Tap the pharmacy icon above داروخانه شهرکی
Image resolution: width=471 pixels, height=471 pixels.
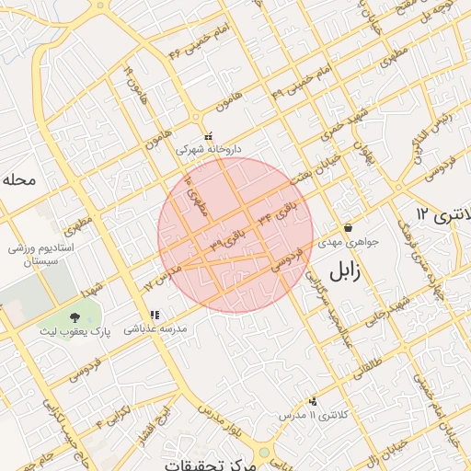click(208, 136)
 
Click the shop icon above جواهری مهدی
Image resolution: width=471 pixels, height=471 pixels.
click(348, 228)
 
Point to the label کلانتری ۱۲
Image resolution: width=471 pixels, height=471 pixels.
click(442, 213)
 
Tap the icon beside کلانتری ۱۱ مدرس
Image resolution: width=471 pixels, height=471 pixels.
click(314, 401)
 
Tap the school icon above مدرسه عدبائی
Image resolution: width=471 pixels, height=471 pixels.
click(155, 315)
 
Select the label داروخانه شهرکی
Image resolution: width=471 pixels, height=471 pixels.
click(209, 148)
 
